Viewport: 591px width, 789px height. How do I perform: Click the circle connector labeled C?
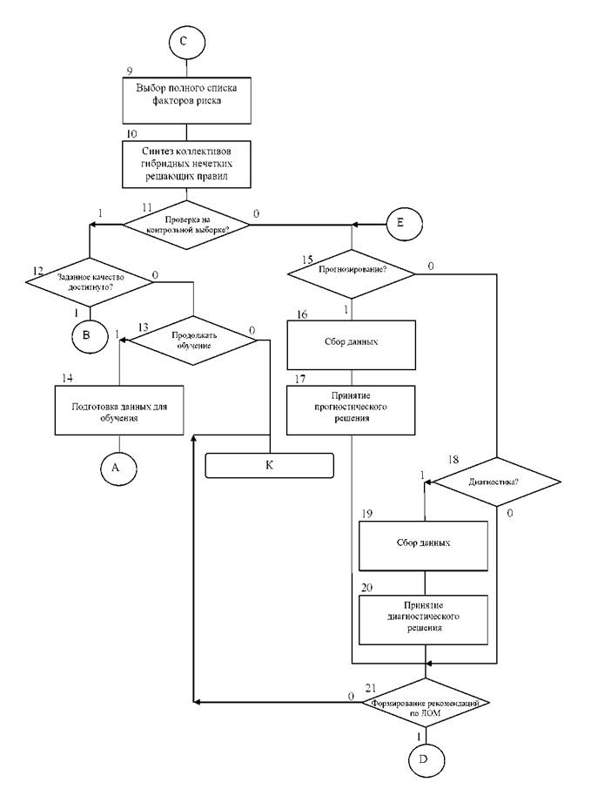point(186,41)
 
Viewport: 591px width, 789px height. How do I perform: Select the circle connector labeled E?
point(404,223)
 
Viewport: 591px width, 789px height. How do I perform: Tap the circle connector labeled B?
point(90,335)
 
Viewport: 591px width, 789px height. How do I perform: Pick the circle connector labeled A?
point(118,468)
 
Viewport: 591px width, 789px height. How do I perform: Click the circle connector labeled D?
point(426,759)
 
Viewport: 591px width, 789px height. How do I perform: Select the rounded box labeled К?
point(270,465)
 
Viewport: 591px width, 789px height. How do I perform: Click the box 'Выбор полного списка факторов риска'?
point(186,100)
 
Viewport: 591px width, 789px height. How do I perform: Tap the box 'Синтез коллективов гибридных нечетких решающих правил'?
point(186,164)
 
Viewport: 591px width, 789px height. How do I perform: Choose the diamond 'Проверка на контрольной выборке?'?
point(186,225)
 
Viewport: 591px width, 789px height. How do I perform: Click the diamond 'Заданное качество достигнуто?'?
point(90,282)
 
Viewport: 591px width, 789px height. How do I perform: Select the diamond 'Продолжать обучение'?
point(193,341)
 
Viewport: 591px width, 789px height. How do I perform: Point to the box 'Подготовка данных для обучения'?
point(119,410)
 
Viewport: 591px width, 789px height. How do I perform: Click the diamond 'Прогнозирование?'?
point(352,273)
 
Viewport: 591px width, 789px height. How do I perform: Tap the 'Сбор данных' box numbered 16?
point(352,345)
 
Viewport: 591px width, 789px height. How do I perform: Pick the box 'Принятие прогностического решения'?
point(351,410)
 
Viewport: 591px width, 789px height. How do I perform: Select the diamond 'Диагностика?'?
point(497,482)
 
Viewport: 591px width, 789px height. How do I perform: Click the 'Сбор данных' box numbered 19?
point(424,546)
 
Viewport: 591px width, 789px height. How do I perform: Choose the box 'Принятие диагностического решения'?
point(424,620)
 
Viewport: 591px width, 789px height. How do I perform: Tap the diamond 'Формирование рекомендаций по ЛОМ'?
point(426,703)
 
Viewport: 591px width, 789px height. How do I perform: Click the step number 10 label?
point(131,134)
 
